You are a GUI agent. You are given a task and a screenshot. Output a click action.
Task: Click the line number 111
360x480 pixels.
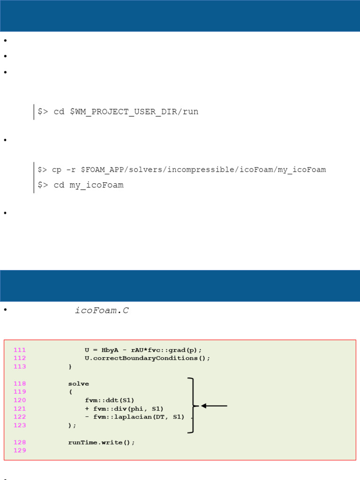(x=20, y=350)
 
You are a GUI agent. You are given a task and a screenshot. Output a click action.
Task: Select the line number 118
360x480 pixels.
(x=20, y=383)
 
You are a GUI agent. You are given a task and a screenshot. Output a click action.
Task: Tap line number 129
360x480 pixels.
(x=20, y=450)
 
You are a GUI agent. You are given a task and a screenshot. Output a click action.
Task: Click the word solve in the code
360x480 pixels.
(x=79, y=383)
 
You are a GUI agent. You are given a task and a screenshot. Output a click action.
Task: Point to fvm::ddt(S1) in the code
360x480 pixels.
(x=110, y=400)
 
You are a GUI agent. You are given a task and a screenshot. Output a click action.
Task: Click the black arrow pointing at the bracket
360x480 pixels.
(x=214, y=406)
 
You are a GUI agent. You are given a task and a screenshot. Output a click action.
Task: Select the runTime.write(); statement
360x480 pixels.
(x=101, y=442)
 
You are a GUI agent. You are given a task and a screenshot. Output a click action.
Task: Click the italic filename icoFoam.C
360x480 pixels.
(x=102, y=310)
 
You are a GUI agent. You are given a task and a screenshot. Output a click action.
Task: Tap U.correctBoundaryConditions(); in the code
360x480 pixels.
(x=148, y=358)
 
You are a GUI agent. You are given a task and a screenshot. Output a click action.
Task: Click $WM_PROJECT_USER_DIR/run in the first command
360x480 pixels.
(x=134, y=112)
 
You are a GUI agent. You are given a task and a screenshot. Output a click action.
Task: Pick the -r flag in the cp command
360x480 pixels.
(x=71, y=170)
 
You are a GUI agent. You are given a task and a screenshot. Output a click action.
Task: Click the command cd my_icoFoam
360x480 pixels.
(x=89, y=185)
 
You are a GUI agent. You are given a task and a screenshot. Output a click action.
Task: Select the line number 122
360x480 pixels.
(x=20, y=417)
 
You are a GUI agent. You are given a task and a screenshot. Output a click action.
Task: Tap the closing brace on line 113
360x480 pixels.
(x=70, y=367)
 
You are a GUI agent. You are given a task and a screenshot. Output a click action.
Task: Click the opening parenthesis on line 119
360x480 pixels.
(x=71, y=392)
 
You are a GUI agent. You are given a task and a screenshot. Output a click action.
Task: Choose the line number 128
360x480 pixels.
(x=20, y=442)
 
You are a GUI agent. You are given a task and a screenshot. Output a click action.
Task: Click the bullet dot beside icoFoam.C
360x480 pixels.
(x=5, y=310)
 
